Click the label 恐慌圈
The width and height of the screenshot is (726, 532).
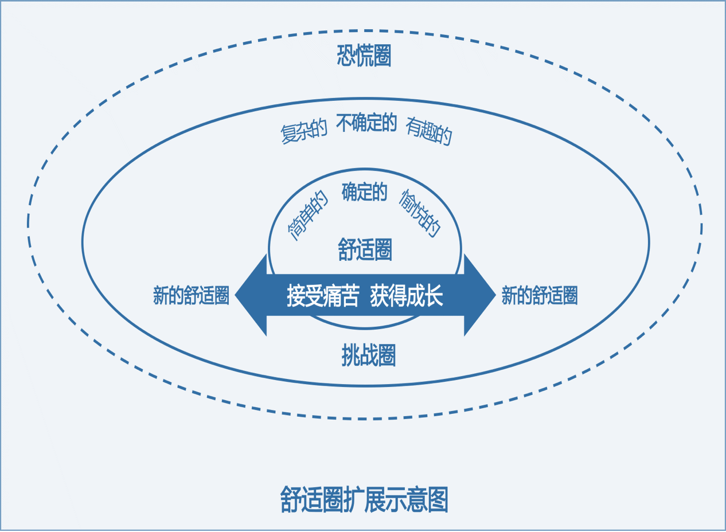point(364,57)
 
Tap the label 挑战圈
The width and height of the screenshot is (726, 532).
point(368,356)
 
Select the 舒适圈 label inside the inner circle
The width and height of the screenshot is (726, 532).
point(365,251)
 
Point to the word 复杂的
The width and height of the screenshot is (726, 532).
point(304,132)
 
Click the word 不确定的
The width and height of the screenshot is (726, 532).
point(366,123)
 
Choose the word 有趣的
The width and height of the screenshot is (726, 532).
point(429,131)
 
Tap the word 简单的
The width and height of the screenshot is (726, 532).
point(308,216)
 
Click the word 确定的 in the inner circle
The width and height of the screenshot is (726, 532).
point(365,192)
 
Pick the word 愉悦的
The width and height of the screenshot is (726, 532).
point(421,213)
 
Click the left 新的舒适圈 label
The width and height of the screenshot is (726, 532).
point(191,295)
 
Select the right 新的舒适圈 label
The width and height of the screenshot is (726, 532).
point(539,295)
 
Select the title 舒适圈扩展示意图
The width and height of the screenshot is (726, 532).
point(364,499)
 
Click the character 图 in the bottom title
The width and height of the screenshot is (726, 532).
point(438,499)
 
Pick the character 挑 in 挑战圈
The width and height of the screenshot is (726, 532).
point(350,356)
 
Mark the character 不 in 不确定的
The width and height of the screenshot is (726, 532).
point(343,123)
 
